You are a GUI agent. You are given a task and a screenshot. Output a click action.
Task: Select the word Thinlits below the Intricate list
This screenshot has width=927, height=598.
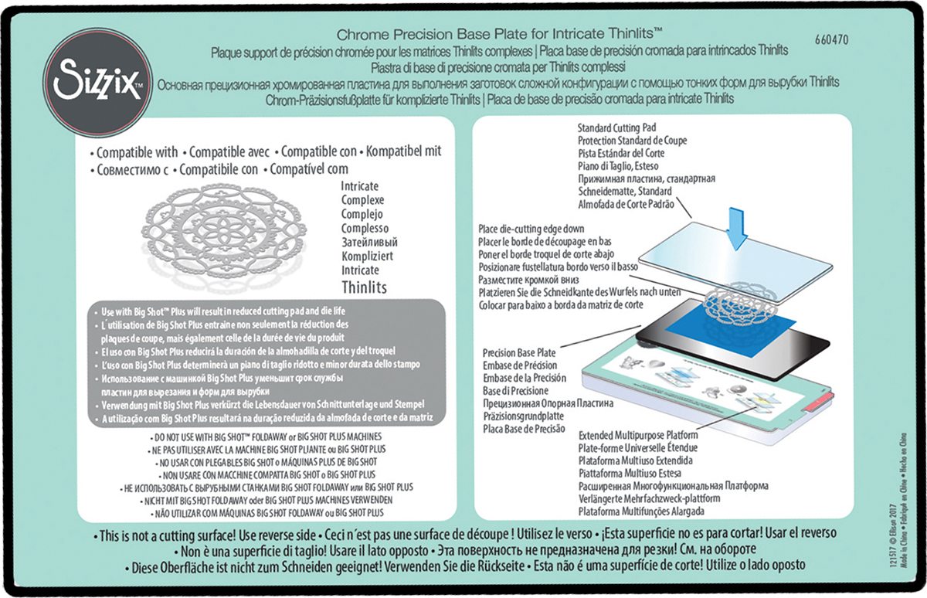[x=364, y=287]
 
